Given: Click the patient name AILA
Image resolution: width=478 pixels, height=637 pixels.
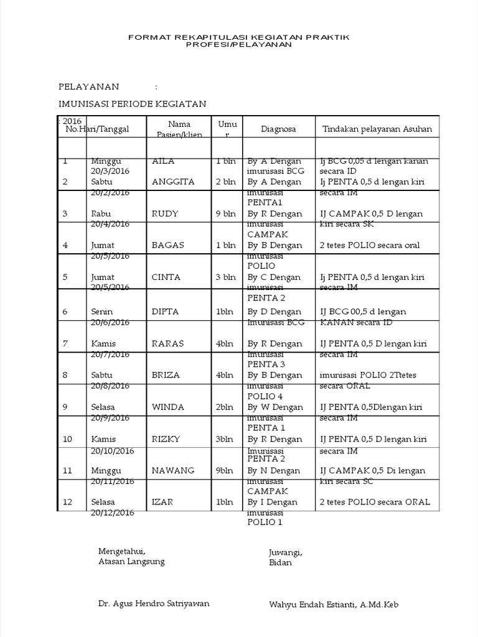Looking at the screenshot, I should click(x=163, y=161).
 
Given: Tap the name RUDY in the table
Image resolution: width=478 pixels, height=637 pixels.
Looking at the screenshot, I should click(x=165, y=214).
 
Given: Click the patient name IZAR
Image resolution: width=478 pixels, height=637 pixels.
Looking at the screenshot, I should click(x=162, y=502).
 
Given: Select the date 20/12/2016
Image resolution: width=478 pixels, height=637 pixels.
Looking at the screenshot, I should click(x=112, y=513).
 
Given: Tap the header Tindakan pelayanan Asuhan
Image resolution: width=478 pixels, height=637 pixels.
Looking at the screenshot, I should click(x=377, y=129).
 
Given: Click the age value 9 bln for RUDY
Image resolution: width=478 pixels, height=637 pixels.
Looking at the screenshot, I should click(x=226, y=214).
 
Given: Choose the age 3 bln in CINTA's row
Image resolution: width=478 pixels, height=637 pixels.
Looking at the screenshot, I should click(x=226, y=277).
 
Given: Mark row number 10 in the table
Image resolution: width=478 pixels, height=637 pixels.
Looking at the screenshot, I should click(x=67, y=439).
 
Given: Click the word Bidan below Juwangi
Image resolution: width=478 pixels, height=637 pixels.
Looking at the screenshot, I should click(x=280, y=563).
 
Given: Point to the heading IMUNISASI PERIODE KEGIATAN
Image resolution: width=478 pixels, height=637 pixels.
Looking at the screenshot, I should click(x=132, y=104).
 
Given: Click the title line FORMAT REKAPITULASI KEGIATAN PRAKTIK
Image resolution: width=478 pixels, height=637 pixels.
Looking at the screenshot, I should click(x=239, y=37).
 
